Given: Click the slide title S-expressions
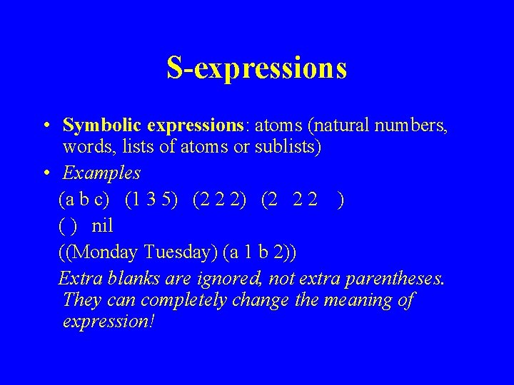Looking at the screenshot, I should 256,68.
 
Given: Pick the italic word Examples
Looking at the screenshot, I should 101,173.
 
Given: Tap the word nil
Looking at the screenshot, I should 103,226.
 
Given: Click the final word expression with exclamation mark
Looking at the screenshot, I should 109,322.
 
